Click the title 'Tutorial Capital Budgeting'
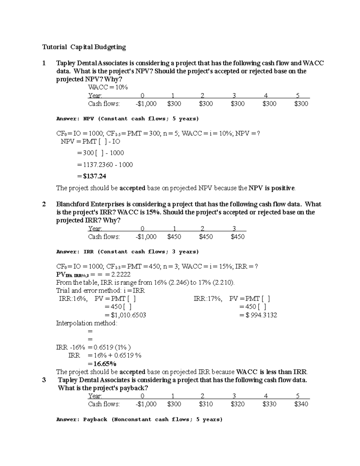(x=84, y=47)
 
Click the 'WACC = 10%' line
(x=108, y=87)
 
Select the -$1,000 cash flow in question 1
(x=146, y=104)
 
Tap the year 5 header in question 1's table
(x=298, y=96)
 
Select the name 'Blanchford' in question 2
(x=72, y=204)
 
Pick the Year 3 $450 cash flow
(x=238, y=237)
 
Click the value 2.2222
(x=121, y=275)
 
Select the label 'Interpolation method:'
(x=87, y=323)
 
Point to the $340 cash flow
(x=301, y=404)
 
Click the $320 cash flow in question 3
(x=238, y=404)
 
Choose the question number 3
(x=44, y=380)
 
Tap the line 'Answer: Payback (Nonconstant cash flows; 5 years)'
(x=139, y=419)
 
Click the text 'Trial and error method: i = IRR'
(x=100, y=291)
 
